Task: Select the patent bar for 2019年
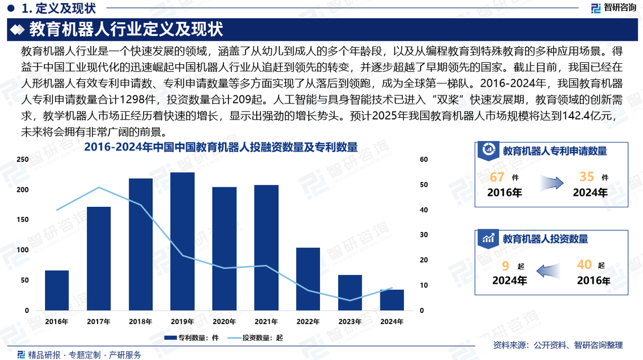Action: [x=182, y=241]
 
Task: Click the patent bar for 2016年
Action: [x=57, y=290]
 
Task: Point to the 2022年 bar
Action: [x=308, y=279]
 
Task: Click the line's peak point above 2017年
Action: [x=99, y=187]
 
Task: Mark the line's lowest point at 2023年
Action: [x=350, y=301]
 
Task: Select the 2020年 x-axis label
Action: [x=224, y=322]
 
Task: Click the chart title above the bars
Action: [x=221, y=147]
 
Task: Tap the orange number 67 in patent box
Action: [x=497, y=177]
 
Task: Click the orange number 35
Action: [x=587, y=177]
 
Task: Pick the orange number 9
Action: [x=505, y=265]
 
